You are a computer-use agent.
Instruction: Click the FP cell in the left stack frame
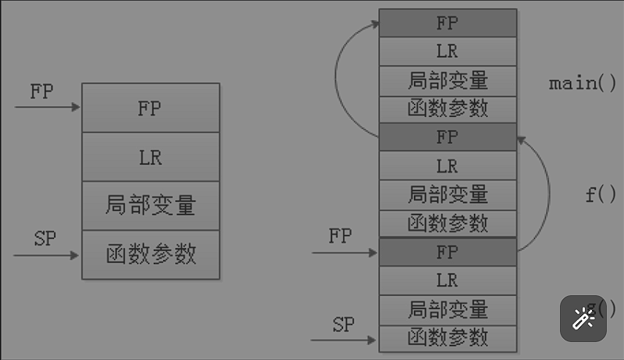(150, 108)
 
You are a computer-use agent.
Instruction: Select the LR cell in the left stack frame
(150, 157)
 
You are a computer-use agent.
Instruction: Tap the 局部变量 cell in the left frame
(150, 205)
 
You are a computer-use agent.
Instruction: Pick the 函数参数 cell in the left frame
(150, 255)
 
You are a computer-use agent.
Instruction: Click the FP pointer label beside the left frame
(41, 91)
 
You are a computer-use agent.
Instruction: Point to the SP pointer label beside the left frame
(45, 239)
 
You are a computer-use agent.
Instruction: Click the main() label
(583, 83)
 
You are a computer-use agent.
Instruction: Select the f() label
(601, 194)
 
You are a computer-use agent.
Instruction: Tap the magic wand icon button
(583, 319)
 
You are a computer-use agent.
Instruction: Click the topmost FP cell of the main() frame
(447, 23)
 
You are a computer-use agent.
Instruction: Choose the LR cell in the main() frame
(447, 52)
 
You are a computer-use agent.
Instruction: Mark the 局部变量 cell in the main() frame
(447, 80)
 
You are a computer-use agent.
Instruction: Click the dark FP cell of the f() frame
(447, 137)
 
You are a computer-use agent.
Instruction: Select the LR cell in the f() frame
(447, 166)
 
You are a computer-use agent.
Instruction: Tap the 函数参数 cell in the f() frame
(447, 223)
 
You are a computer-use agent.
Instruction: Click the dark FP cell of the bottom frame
(447, 252)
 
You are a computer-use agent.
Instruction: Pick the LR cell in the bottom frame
(447, 280)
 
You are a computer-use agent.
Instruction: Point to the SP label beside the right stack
(344, 325)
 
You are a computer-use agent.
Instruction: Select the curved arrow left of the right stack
(337, 78)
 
